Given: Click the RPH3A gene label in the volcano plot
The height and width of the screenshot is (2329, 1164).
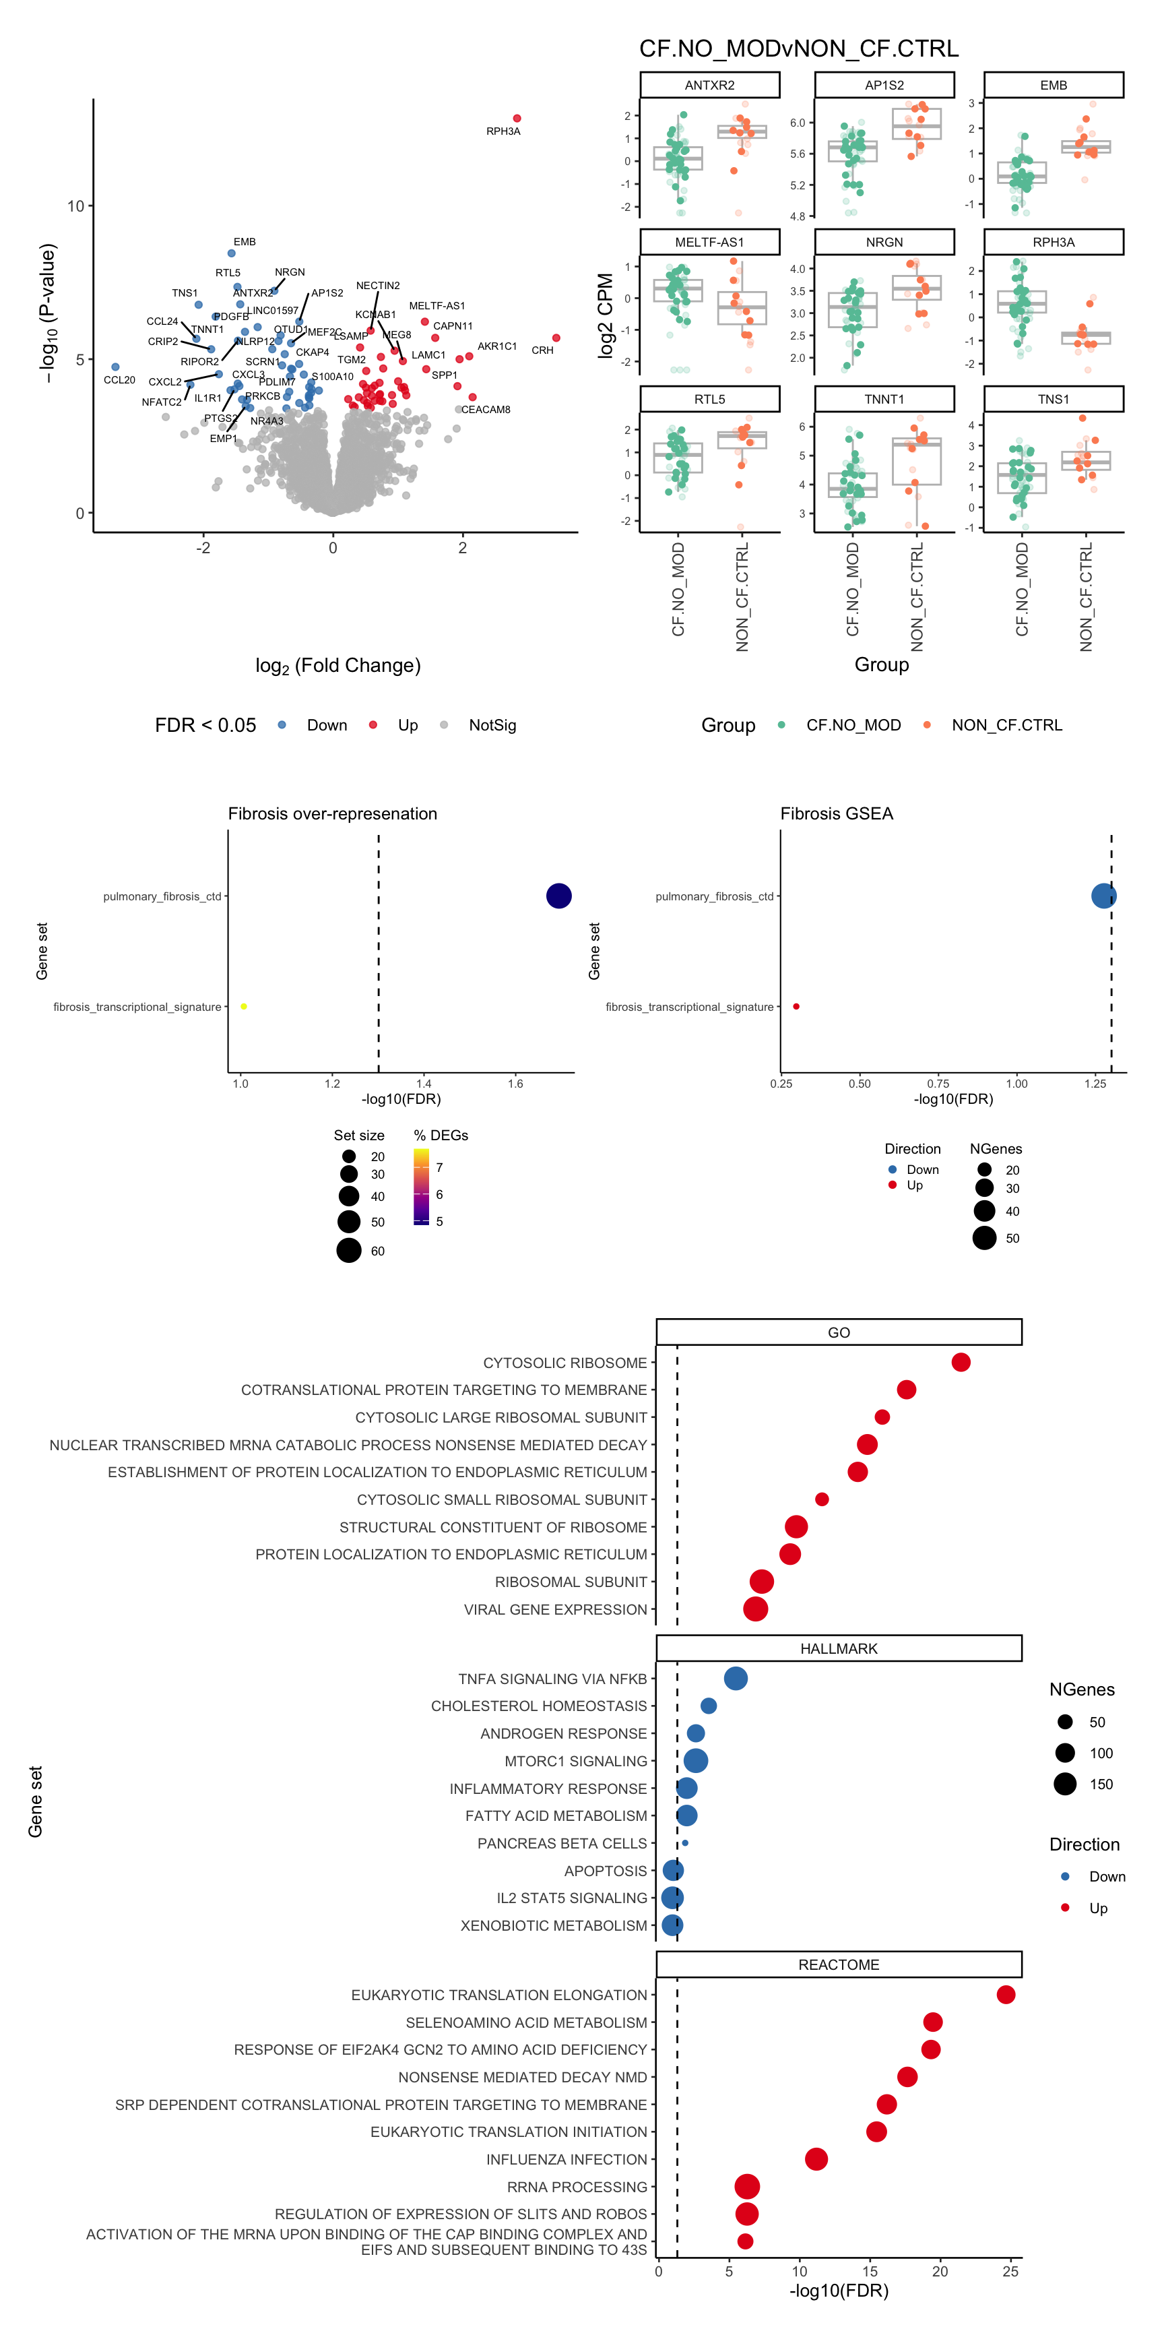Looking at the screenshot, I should [x=503, y=131].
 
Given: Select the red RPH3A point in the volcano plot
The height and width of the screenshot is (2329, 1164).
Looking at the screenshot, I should [x=517, y=119].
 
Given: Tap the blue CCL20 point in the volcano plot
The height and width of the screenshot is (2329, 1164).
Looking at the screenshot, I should [x=115, y=367].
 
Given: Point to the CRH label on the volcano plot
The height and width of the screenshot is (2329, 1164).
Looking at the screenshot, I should [x=542, y=350].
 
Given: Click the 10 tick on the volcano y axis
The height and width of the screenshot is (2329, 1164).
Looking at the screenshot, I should [x=75, y=206].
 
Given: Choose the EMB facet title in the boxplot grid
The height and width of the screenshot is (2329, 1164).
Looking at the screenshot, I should [x=1053, y=85].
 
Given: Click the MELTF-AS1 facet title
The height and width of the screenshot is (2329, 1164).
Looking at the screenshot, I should [x=709, y=243].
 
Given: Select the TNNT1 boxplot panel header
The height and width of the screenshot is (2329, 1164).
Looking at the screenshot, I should [x=884, y=399].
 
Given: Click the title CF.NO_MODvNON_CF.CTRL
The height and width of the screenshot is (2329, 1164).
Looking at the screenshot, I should [x=799, y=49].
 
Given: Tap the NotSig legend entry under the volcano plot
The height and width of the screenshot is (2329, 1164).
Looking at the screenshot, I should [x=492, y=725].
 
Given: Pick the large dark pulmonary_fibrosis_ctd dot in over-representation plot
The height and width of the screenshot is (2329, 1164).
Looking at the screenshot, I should [x=558, y=896].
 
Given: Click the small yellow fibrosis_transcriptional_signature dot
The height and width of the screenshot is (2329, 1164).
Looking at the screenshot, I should [x=244, y=1006].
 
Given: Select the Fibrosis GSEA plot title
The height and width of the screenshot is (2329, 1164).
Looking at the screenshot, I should [x=836, y=813].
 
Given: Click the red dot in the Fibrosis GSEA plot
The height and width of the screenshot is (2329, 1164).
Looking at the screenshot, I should [x=796, y=1006].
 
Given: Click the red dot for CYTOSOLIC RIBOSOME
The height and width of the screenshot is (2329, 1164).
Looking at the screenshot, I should [x=961, y=1363].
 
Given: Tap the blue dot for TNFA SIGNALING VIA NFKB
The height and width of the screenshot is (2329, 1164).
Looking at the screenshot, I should [x=736, y=1679].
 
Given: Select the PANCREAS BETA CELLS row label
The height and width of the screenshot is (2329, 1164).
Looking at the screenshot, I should [x=562, y=1844].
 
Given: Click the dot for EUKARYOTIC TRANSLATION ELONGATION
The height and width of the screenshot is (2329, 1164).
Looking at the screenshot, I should [x=1006, y=1995].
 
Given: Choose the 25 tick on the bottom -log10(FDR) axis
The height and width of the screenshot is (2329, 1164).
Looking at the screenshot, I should [x=1010, y=2271].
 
